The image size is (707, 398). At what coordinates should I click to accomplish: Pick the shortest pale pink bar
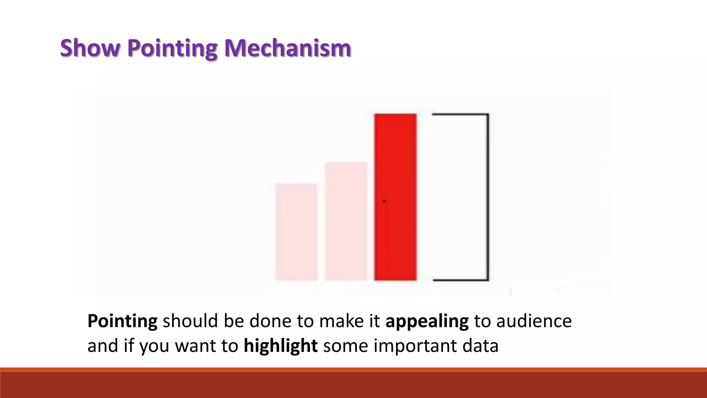click(x=296, y=232)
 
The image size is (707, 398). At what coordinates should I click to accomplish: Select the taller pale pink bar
click(x=346, y=221)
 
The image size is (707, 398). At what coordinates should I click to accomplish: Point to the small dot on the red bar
click(x=384, y=201)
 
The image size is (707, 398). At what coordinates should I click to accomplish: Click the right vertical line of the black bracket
click(x=488, y=197)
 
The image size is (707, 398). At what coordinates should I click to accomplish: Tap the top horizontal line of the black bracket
click(x=460, y=114)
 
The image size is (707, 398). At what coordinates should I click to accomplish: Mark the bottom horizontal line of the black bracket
click(x=460, y=280)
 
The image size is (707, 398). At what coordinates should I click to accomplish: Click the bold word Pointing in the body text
click(x=122, y=321)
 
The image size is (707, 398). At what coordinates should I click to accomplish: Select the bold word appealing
click(x=427, y=321)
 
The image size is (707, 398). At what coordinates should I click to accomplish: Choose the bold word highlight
click(x=280, y=345)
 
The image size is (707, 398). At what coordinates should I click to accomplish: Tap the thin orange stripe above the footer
click(x=353, y=370)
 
